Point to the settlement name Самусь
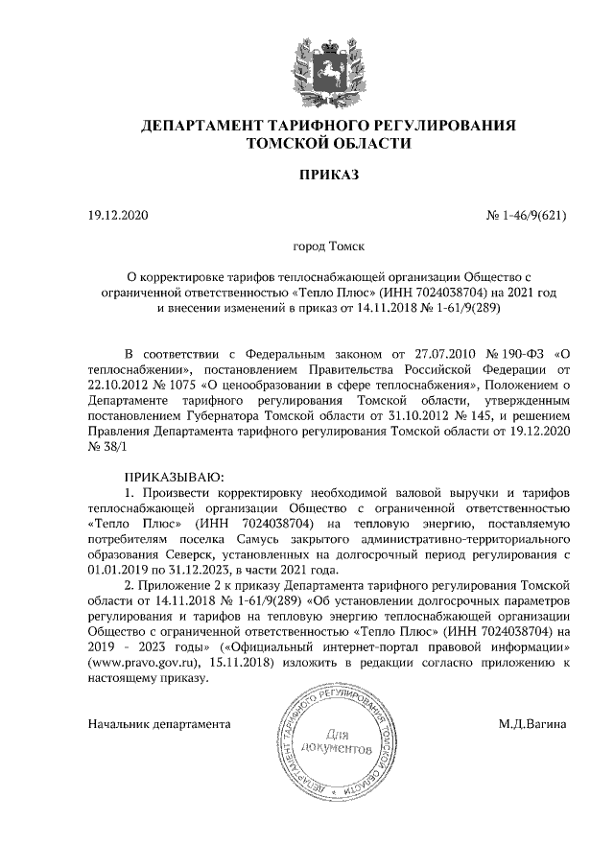pyautogui.click(x=267, y=539)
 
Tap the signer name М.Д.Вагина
pyautogui.click(x=531, y=720)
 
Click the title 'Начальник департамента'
pyautogui.click(x=160, y=720)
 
